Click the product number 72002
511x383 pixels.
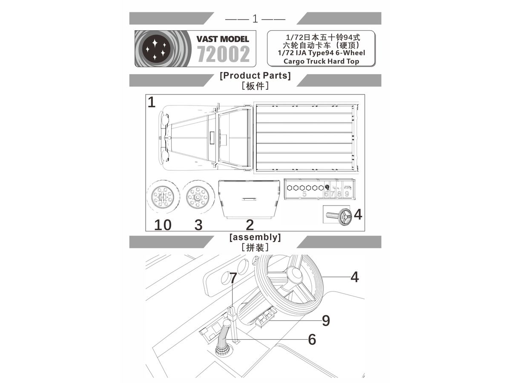223,54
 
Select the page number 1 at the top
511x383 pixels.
255,19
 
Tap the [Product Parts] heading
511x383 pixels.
255,76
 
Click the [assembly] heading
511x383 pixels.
255,237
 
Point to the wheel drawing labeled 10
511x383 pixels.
163,198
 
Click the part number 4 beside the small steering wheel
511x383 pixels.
358,215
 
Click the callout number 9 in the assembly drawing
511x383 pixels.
326,320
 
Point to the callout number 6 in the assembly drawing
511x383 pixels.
312,339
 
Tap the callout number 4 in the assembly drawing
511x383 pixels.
354,277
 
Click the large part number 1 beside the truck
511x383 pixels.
152,103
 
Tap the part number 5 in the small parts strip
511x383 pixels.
304,194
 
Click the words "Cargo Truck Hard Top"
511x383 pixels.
322,61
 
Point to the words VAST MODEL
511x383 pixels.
223,39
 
